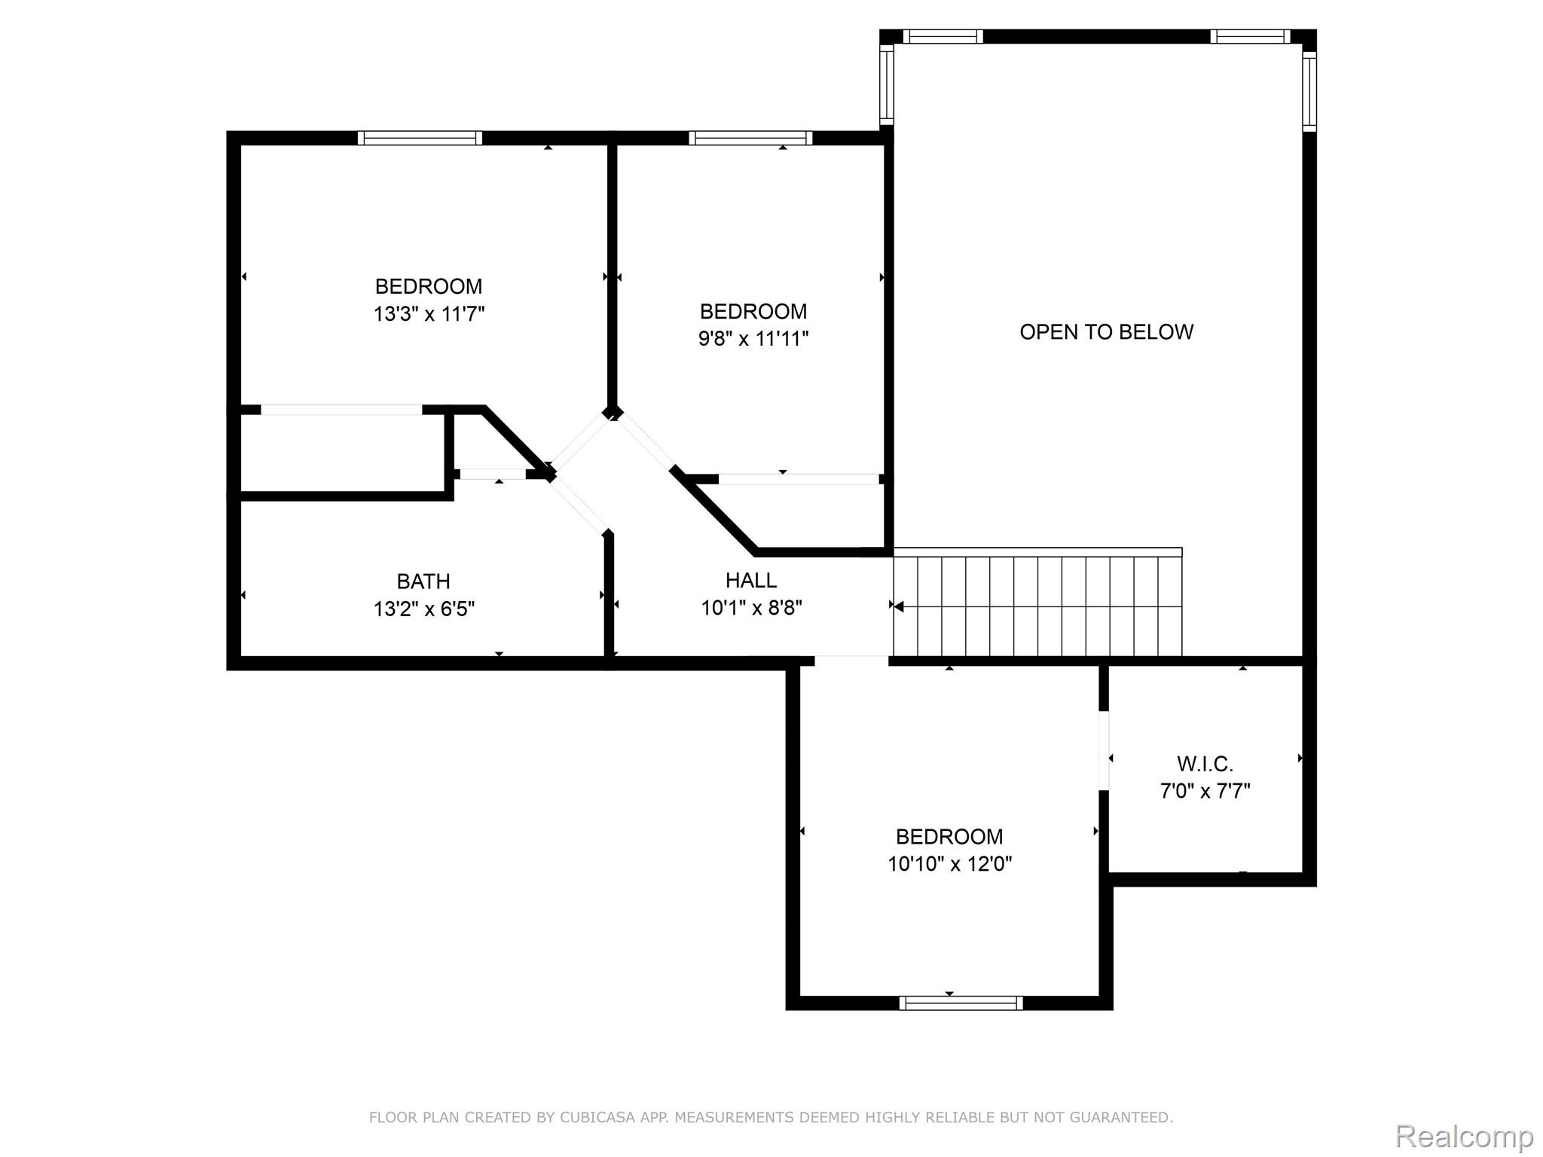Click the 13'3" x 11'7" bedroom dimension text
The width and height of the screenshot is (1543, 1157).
point(429,314)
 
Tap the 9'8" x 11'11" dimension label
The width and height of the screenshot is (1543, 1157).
point(753,339)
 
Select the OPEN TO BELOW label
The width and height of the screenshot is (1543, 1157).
point(1106,332)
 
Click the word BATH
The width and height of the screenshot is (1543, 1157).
point(423,582)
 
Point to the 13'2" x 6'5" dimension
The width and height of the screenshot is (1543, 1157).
point(424,609)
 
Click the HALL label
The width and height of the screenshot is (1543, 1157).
point(750,580)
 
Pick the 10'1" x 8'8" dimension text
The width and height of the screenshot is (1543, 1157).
point(751,608)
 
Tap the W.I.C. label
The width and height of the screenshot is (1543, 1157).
point(1205,765)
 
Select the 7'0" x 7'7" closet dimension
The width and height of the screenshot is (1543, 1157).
point(1205,792)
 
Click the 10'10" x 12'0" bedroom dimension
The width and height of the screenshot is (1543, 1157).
point(949,864)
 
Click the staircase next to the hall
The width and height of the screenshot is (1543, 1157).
point(1037,606)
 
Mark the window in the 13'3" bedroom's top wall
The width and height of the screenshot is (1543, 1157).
point(420,138)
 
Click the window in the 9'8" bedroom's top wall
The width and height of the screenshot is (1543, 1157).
point(750,138)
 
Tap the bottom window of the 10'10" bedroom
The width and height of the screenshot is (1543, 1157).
point(961,1003)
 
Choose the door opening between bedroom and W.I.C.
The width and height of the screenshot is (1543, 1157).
point(1104,750)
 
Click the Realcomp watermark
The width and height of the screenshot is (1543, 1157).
point(1464,1136)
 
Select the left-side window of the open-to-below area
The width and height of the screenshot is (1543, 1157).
point(887,84)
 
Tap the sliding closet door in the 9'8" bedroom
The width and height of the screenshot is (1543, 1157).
point(798,479)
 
